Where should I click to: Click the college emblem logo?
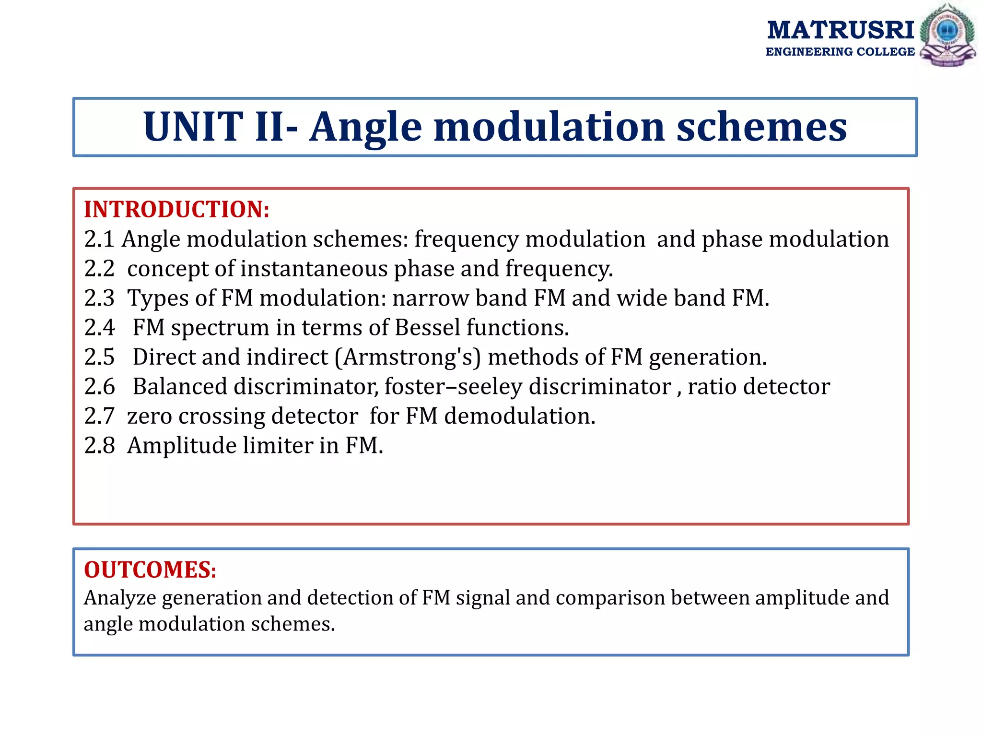click(x=947, y=35)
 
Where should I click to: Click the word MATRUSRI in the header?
click(x=841, y=30)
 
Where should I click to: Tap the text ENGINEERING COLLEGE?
click(x=840, y=52)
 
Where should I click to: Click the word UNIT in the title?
click(x=193, y=127)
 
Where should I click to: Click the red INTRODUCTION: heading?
click(x=176, y=210)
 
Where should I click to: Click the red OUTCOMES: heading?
click(x=150, y=570)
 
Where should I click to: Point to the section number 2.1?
click(x=99, y=239)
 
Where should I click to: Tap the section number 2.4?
click(x=99, y=328)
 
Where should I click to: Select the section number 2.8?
click(x=99, y=446)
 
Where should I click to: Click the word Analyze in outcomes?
click(x=120, y=598)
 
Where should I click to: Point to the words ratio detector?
click(x=759, y=387)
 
